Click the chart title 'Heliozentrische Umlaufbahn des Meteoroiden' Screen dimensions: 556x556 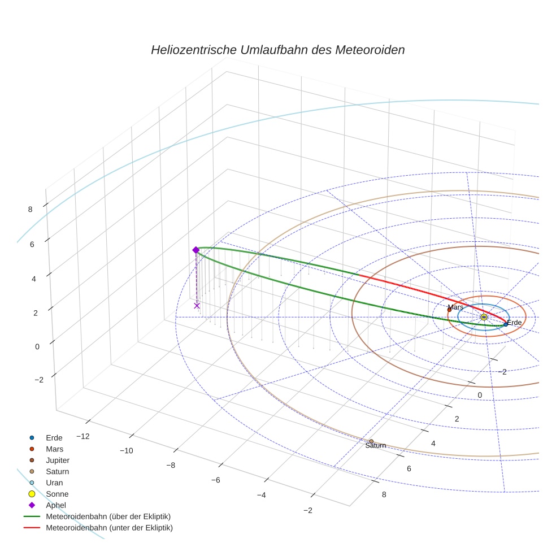click(277, 50)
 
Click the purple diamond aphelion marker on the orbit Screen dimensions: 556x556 click(196, 250)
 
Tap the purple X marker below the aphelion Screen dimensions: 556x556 click(197, 306)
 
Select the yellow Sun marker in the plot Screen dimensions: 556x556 click(484, 317)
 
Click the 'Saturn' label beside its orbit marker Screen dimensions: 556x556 click(376, 446)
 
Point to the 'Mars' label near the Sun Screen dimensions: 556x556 click(455, 307)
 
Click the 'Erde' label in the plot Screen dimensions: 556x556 click(514, 323)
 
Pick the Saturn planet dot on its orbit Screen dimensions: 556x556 click(371, 441)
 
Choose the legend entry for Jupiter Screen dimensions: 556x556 click(58, 460)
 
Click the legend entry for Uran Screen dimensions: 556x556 click(54, 483)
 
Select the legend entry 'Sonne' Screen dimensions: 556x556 click(57, 494)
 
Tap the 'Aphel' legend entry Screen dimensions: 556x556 click(55, 505)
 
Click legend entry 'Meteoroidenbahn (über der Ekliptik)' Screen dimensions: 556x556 click(108, 516)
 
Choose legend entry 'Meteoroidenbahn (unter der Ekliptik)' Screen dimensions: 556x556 click(109, 528)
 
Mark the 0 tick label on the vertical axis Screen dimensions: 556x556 click(37, 346)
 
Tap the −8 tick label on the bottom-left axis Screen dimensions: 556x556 click(170, 465)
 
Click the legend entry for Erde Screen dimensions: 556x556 click(54, 437)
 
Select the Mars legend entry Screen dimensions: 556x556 click(54, 449)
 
